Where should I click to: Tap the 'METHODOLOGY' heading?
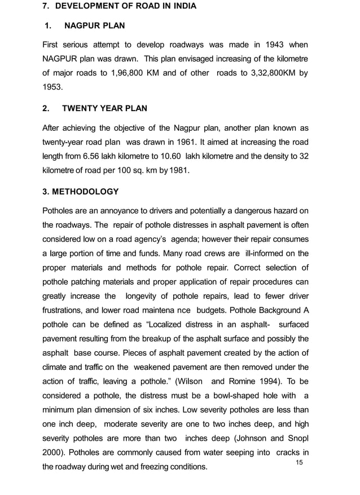point(85,192)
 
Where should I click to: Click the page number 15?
point(300,462)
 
